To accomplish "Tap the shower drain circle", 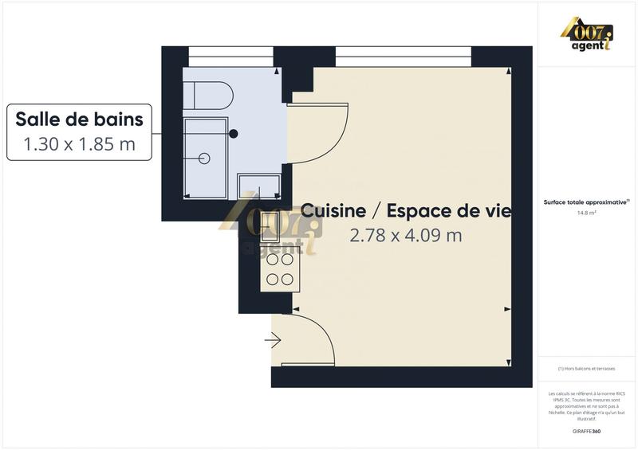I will pos(205,158).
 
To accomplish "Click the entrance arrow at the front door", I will pos(274,341).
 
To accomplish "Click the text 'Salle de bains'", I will pos(80,119).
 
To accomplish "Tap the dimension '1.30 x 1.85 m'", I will pos(80,144).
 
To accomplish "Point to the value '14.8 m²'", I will pos(588,213).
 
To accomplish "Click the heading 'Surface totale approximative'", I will pos(587,202).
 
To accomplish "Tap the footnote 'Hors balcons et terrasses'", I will pos(588,368).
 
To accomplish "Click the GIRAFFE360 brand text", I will pos(588,431).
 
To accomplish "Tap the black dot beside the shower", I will pos(234,134).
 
